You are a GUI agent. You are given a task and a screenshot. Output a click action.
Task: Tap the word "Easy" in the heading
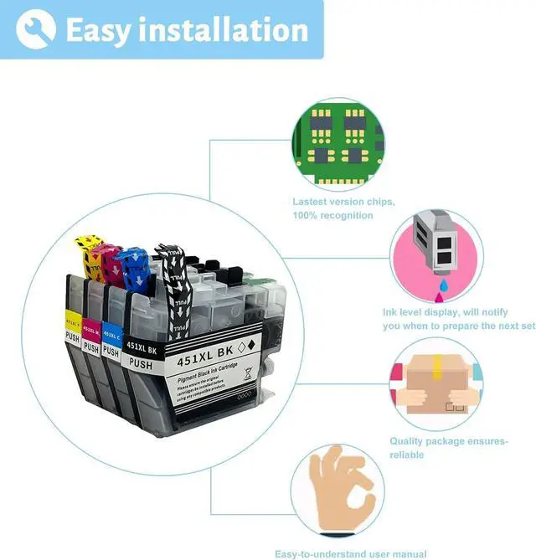97,30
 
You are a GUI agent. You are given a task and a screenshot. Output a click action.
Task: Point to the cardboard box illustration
434,385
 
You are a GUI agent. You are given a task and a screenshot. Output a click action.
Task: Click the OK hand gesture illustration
343,490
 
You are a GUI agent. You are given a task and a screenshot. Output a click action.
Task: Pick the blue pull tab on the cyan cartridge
134,265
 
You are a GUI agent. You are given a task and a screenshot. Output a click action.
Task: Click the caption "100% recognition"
332,215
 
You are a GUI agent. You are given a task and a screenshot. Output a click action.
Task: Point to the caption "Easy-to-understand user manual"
350,553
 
